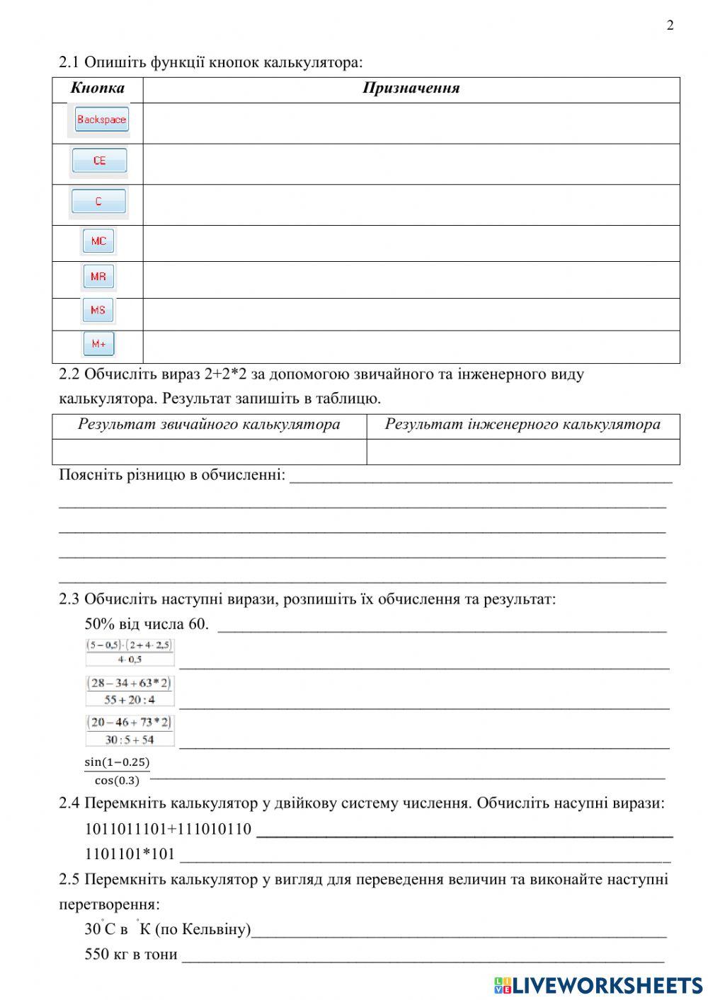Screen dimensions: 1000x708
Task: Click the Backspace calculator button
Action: pyautogui.click(x=101, y=120)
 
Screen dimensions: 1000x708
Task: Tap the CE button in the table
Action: pyautogui.click(x=99, y=161)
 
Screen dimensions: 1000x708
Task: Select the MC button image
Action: pyautogui.click(x=98, y=241)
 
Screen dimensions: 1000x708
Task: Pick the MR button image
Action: pyautogui.click(x=98, y=277)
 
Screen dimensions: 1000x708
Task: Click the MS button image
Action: pyautogui.click(x=98, y=310)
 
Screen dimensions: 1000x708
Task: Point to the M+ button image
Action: pyautogui.click(x=98, y=344)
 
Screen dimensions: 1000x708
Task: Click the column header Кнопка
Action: pyautogui.click(x=98, y=88)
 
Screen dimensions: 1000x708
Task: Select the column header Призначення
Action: pyautogui.click(x=411, y=88)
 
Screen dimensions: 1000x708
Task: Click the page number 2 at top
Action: pyautogui.click(x=670, y=25)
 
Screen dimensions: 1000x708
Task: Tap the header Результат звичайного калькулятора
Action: pyautogui.click(x=209, y=425)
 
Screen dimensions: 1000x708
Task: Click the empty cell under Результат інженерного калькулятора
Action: pyautogui.click(x=523, y=452)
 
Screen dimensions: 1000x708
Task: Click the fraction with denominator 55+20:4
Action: pyautogui.click(x=130, y=691)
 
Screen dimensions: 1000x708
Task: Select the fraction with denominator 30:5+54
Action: pyautogui.click(x=130, y=731)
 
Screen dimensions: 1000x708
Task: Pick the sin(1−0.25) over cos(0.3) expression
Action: pyautogui.click(x=117, y=771)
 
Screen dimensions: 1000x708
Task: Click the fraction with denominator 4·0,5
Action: pyautogui.click(x=130, y=652)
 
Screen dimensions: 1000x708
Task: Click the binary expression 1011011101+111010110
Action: pyautogui.click(x=168, y=829)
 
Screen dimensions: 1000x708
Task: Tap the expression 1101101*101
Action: pyautogui.click(x=130, y=854)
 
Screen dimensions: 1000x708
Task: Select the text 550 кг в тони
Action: pyautogui.click(x=131, y=954)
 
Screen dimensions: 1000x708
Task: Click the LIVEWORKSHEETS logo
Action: pyautogui.click(x=598, y=985)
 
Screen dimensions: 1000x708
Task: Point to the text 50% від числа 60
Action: pyautogui.click(x=147, y=624)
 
